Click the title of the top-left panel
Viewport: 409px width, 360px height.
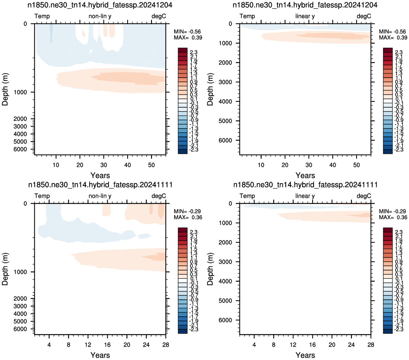point(100,5)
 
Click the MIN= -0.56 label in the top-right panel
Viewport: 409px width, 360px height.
point(392,31)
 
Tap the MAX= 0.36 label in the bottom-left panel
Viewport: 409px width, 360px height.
point(188,217)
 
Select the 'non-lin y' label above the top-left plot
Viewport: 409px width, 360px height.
point(100,16)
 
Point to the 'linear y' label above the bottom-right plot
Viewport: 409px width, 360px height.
point(305,196)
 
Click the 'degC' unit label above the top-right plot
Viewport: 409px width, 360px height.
point(363,16)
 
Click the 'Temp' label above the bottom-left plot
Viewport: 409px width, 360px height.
point(42,196)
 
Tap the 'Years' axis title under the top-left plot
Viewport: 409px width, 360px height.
point(100,175)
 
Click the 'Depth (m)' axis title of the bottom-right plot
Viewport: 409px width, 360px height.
point(210,269)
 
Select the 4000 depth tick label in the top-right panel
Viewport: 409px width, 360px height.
point(225,101)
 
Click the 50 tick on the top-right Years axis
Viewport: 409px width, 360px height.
point(356,165)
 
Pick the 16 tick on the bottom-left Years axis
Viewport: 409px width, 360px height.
point(107,344)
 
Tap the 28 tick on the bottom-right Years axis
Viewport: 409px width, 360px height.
point(371,344)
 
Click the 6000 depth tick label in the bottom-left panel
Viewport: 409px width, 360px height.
point(20,329)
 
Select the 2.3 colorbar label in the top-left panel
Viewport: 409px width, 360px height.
point(194,52)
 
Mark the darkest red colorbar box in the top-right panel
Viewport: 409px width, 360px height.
point(388,50)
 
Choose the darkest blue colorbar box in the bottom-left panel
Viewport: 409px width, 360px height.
point(182,331)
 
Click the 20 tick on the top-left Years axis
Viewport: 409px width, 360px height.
point(80,165)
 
